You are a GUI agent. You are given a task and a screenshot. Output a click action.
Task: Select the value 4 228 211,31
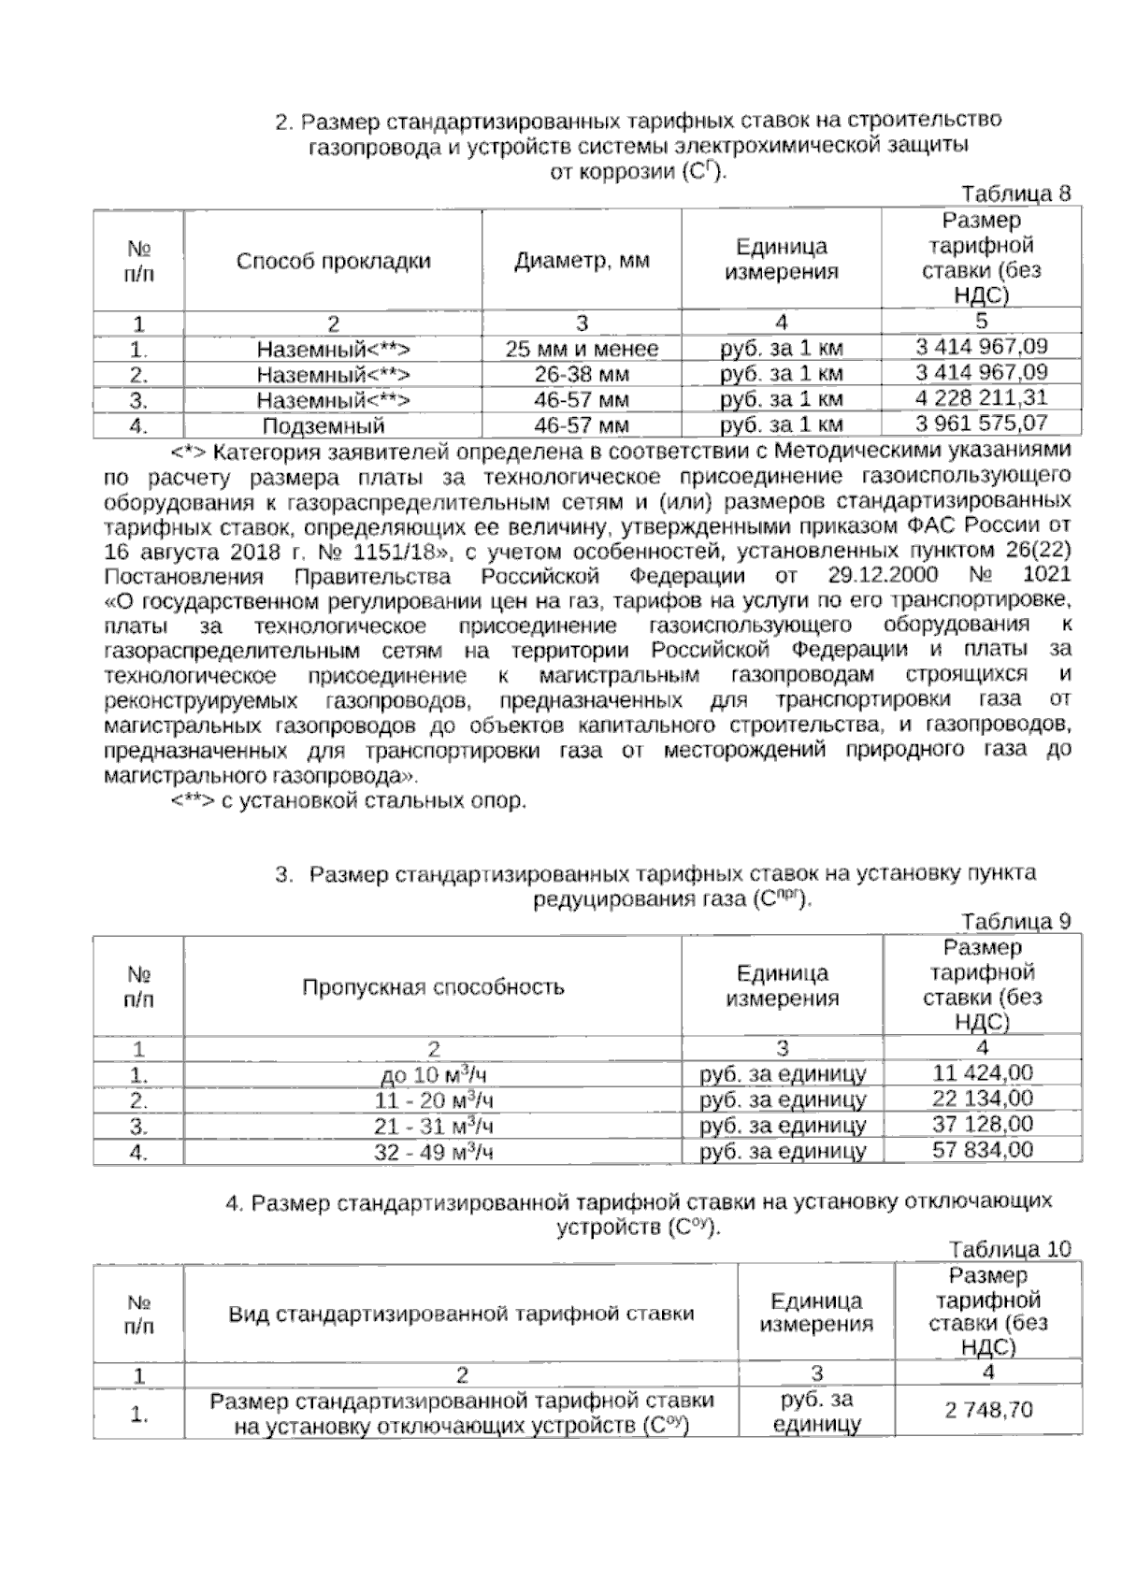pyautogui.click(x=982, y=397)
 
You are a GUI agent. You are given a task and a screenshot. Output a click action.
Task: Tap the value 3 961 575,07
pyautogui.click(x=982, y=424)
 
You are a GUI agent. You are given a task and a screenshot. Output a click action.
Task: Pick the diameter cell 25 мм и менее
pyautogui.click(x=582, y=350)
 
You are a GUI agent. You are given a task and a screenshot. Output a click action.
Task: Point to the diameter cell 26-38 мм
pyautogui.click(x=582, y=375)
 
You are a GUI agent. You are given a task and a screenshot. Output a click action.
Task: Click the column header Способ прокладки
pyautogui.click(x=333, y=261)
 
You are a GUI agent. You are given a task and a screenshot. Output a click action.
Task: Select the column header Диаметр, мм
pyautogui.click(x=582, y=261)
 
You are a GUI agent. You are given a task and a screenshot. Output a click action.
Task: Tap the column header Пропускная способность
pyautogui.click(x=433, y=987)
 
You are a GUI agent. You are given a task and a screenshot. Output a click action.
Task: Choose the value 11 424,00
pyautogui.click(x=983, y=1073)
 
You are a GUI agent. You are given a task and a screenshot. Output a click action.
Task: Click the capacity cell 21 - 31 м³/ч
pyautogui.click(x=433, y=1126)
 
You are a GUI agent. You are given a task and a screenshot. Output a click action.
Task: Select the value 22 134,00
pyautogui.click(x=983, y=1099)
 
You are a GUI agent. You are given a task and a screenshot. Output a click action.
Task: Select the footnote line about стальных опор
pyautogui.click(x=349, y=801)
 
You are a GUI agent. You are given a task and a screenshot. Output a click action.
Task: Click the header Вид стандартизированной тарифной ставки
pyautogui.click(x=461, y=1314)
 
